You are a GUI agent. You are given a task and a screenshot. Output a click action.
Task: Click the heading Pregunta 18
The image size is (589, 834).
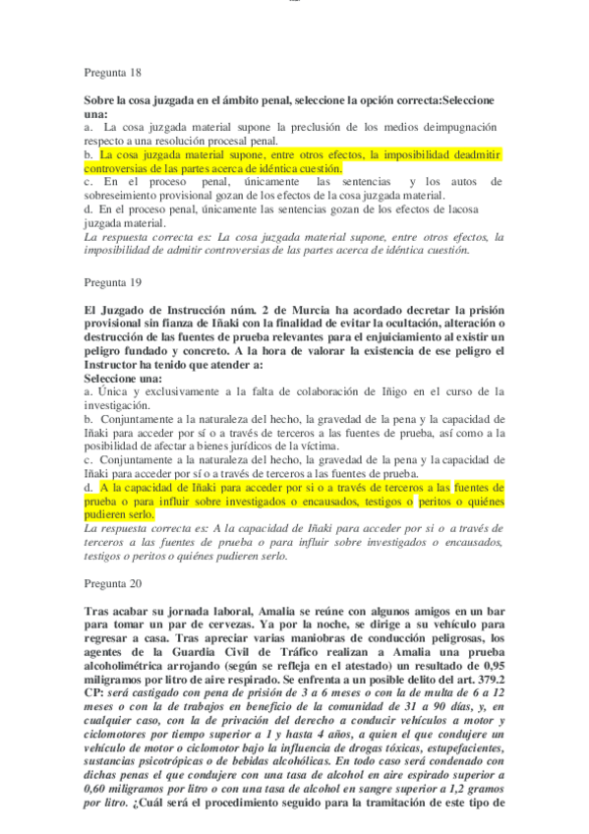click(113, 73)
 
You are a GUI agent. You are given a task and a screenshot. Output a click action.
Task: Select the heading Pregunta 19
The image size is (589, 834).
click(113, 282)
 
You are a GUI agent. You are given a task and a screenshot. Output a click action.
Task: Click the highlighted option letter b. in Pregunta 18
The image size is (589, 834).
click(88, 155)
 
